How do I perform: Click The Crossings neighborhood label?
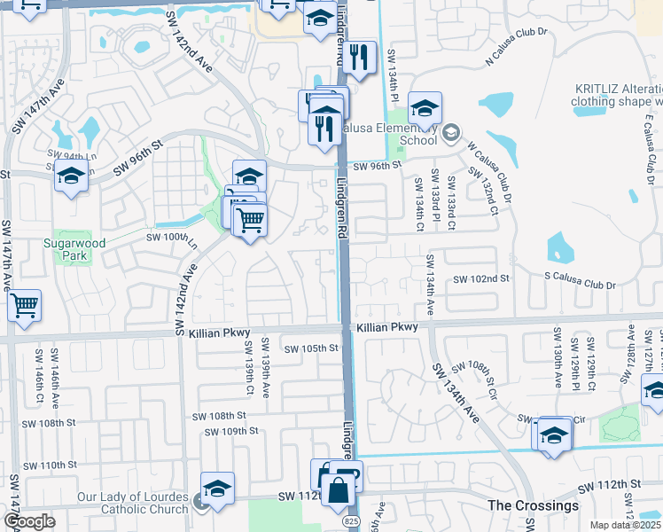coord(533,505)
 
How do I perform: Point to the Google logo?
coord(29,521)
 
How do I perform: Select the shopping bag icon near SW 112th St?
coord(339,489)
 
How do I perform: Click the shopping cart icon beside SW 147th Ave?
coord(25,305)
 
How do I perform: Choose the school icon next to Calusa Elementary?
coord(425,108)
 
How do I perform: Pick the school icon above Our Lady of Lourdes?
coord(217,488)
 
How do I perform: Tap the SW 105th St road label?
coord(308,348)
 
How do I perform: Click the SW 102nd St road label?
coord(484,279)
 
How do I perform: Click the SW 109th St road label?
coord(230,431)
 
